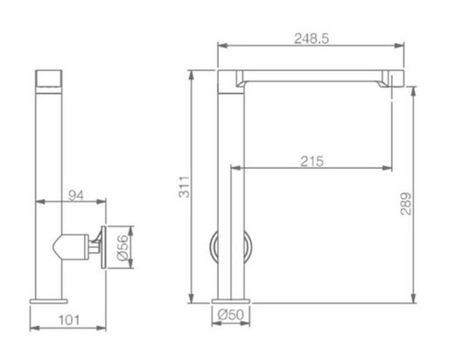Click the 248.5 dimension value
[x=311, y=39]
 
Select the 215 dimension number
[x=312, y=161]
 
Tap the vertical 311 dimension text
[x=185, y=187]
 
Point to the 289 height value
[x=406, y=203]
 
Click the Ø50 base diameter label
[x=230, y=314]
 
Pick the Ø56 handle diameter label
[x=122, y=247]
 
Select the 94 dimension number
[x=76, y=195]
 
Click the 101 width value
[x=69, y=321]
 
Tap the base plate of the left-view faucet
[x=49, y=301]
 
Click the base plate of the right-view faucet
[x=231, y=301]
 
